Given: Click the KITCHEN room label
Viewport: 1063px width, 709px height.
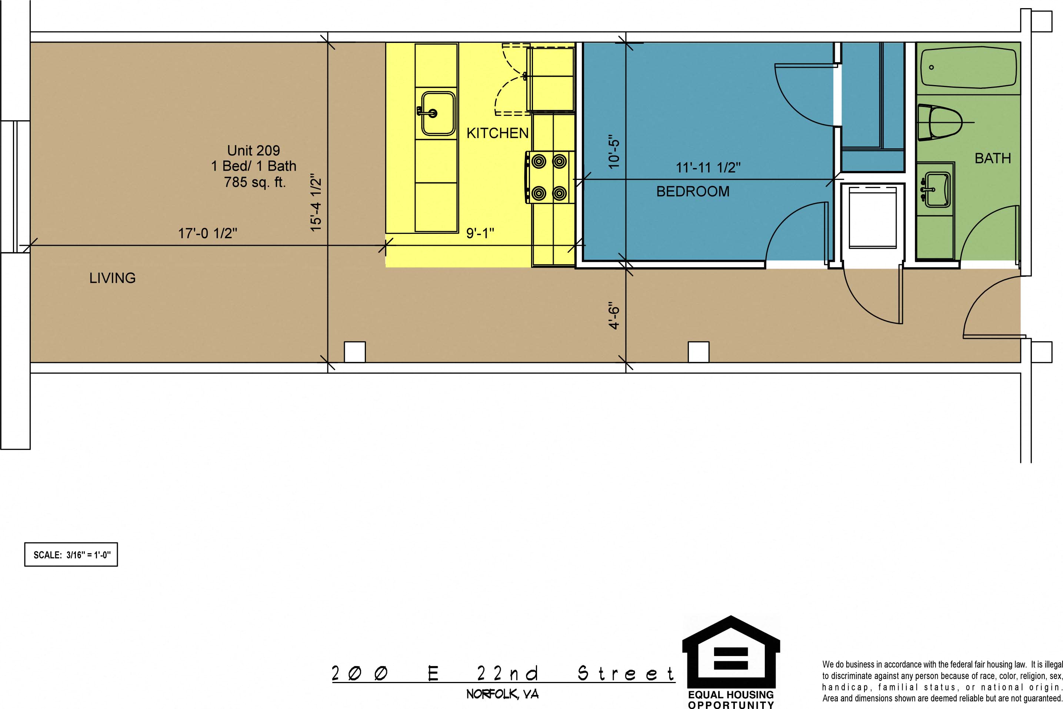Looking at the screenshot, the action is [x=497, y=133].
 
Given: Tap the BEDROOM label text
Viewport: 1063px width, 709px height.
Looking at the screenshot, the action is [x=693, y=191].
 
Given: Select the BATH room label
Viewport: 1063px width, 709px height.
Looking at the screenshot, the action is [x=993, y=158].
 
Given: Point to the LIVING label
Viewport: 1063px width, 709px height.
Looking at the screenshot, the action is [x=112, y=278].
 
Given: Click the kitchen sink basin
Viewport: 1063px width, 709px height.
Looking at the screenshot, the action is [x=437, y=114].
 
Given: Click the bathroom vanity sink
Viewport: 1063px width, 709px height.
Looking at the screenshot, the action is [x=936, y=189].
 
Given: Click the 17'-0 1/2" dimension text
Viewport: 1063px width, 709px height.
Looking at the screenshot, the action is [x=208, y=233].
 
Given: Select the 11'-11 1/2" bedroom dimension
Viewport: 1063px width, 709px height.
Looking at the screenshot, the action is [x=708, y=168].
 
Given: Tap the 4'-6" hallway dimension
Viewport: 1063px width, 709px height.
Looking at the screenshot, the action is [x=614, y=316].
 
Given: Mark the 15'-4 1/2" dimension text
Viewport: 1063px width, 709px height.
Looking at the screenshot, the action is [x=316, y=203].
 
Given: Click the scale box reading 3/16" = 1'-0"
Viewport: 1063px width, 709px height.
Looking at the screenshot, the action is [x=71, y=554].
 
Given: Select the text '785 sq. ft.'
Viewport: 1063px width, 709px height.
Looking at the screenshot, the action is [x=255, y=182].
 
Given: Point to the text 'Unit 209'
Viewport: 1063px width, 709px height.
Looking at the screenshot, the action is [x=253, y=150].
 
